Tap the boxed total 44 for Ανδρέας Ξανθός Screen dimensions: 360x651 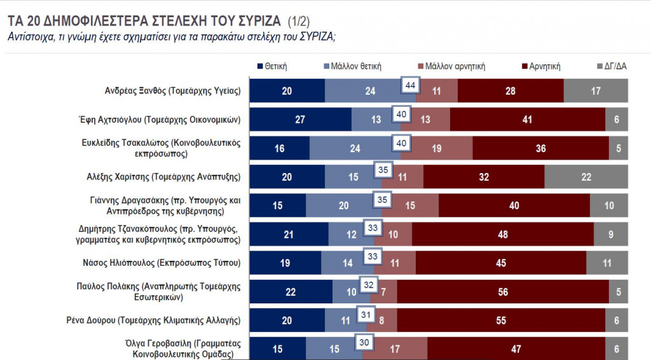coord(410,85)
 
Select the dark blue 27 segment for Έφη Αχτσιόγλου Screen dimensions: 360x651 coord(300,119)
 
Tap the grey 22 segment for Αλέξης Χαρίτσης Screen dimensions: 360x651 coord(586,176)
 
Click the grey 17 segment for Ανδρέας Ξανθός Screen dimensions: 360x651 coord(596,91)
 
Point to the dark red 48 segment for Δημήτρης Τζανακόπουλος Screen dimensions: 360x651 coord(502,234)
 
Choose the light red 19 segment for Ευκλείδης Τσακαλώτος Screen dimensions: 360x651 coord(437,148)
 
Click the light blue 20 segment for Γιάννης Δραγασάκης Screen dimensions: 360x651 coord(343,205)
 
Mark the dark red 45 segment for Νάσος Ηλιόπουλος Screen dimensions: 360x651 coord(501,263)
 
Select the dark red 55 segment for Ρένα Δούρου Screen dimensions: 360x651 coord(502,320)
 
